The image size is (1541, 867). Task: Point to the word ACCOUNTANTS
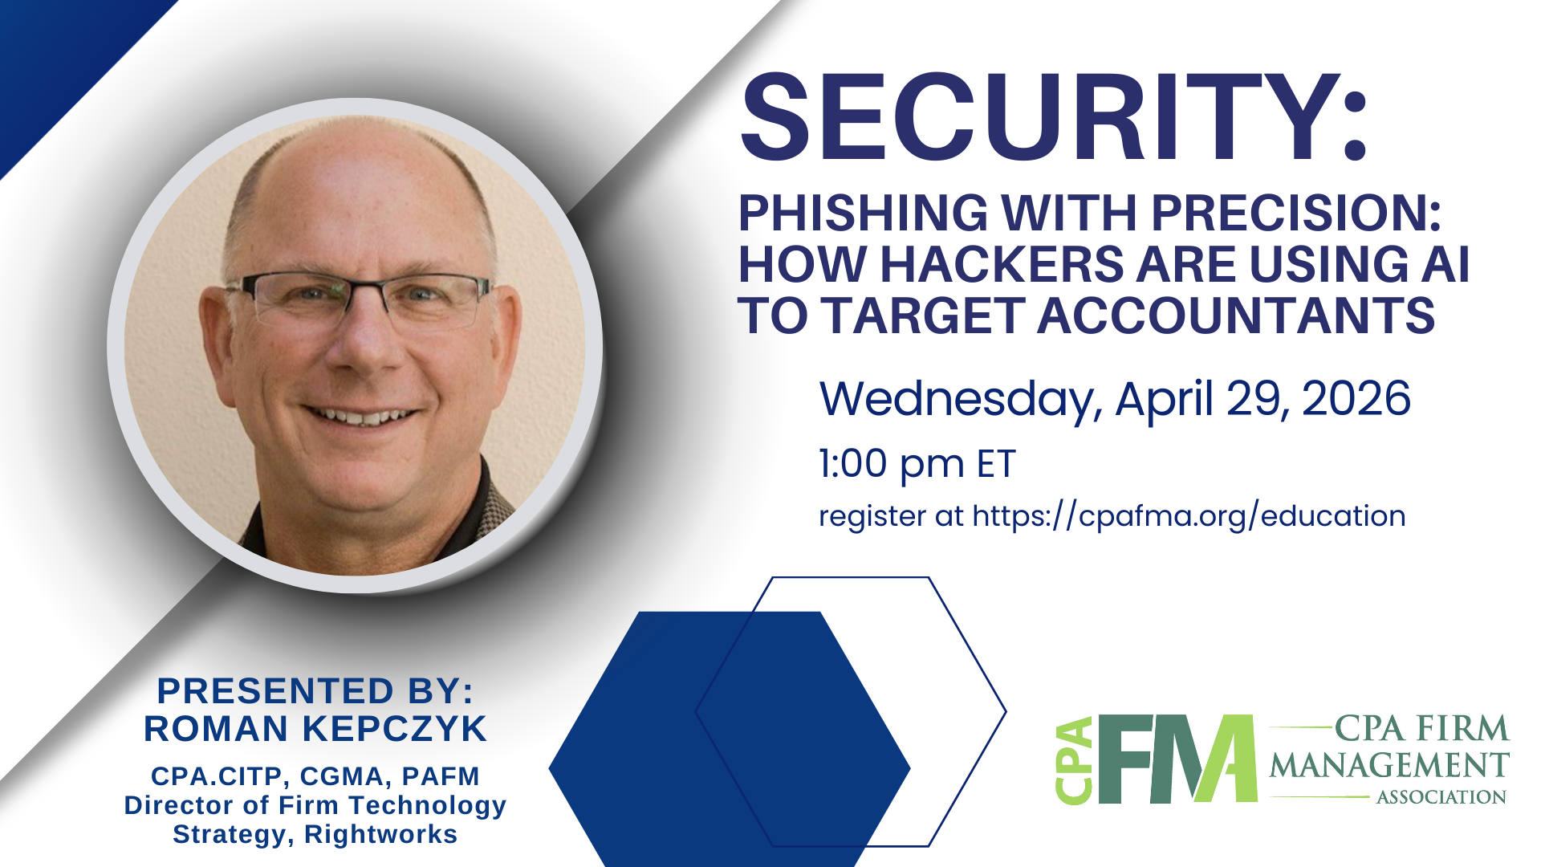point(1236,315)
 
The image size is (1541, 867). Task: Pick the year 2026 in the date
point(1356,399)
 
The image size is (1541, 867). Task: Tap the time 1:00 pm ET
point(917,464)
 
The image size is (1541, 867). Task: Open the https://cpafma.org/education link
point(1189,516)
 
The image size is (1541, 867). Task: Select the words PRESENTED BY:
point(315,691)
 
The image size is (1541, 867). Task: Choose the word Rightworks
point(380,834)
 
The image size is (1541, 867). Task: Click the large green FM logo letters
point(1176,759)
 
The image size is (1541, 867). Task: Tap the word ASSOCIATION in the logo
point(1441,797)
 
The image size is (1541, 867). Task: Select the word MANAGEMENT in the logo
point(1389,765)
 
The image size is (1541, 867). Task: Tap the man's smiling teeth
point(361,417)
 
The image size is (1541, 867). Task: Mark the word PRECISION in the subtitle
point(1295,214)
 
